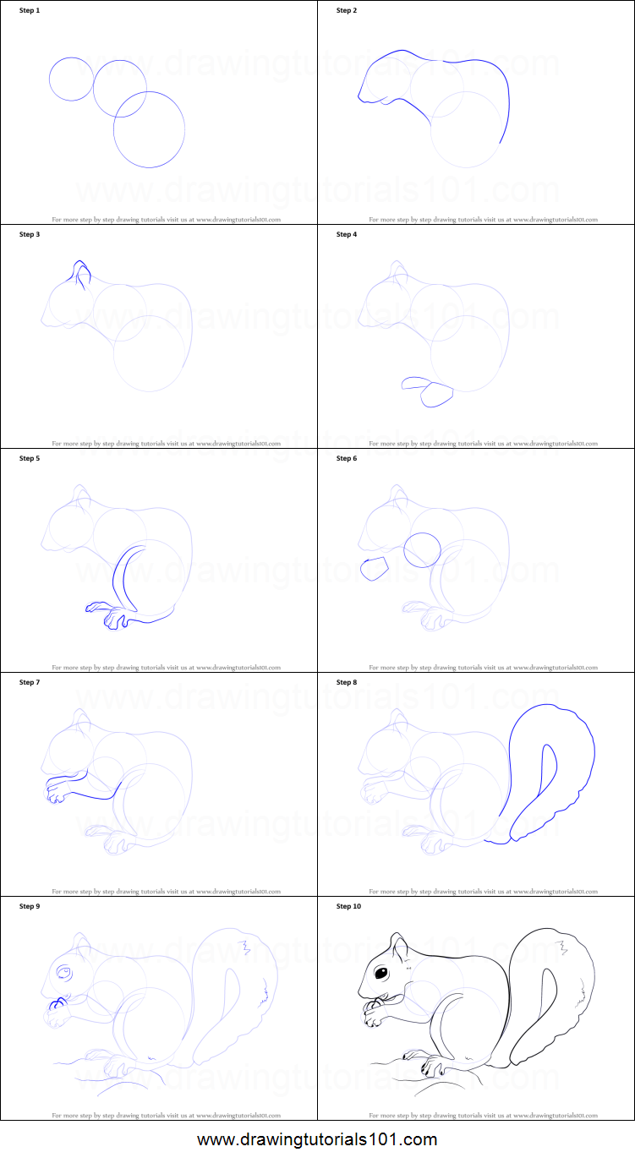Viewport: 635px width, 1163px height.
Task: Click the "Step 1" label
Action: (30, 10)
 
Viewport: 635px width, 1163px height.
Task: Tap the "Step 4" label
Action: (347, 234)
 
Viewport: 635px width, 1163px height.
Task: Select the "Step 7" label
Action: (30, 682)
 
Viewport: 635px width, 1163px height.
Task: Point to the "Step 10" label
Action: (348, 906)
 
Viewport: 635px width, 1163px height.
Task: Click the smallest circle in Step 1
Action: (71, 79)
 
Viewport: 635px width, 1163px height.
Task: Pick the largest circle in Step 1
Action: (149, 129)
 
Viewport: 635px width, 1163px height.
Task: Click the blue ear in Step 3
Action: (81, 275)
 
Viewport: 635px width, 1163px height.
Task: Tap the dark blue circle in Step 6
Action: (422, 549)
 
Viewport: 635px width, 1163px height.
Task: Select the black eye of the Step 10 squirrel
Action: (381, 974)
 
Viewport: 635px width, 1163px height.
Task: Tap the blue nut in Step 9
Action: (58, 1006)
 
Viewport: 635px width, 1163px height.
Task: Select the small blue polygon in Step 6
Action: (373, 568)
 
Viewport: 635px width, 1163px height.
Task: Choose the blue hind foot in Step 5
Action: (114, 620)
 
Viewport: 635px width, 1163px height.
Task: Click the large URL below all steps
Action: (317, 1139)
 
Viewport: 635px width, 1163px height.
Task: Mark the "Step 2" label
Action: (347, 10)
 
